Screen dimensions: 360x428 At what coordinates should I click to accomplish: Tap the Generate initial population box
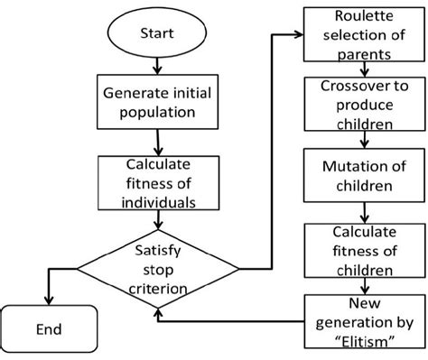[158, 103]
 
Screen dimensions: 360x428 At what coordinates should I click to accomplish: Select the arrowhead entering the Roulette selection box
[301, 34]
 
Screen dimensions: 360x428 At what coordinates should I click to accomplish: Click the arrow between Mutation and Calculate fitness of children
[363, 212]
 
